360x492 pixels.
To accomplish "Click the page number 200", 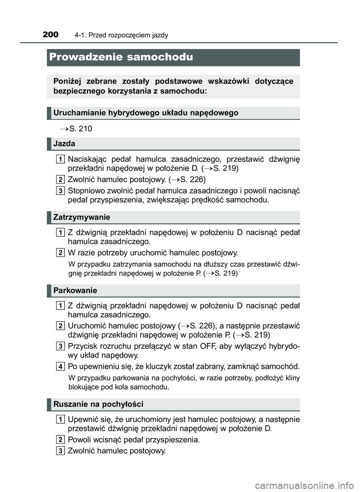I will [51, 34].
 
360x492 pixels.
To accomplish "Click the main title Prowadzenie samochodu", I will [121, 57].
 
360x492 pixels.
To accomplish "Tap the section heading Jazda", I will [64, 144].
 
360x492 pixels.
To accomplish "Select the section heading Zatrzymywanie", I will [82, 217].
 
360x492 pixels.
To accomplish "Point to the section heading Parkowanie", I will [75, 290].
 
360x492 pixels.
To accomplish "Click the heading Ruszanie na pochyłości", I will [98, 404].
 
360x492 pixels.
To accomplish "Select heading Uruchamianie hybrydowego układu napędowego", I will [145, 113].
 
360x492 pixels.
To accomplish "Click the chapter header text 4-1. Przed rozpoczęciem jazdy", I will [121, 35].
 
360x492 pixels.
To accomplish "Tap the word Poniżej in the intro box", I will [67, 81].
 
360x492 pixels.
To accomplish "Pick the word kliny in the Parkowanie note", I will [292, 378].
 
